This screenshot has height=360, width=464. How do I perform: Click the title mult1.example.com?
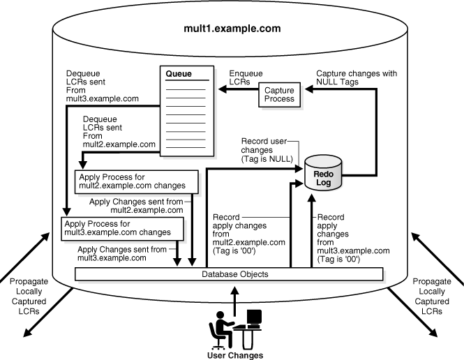[232, 29]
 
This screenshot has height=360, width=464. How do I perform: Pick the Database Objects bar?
[232, 274]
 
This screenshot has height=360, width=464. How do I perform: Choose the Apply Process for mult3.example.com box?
[122, 227]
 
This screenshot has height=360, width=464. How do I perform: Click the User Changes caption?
[236, 354]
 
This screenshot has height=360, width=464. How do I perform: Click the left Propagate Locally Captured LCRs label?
[28, 297]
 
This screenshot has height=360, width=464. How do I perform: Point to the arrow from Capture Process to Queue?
[237, 89]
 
